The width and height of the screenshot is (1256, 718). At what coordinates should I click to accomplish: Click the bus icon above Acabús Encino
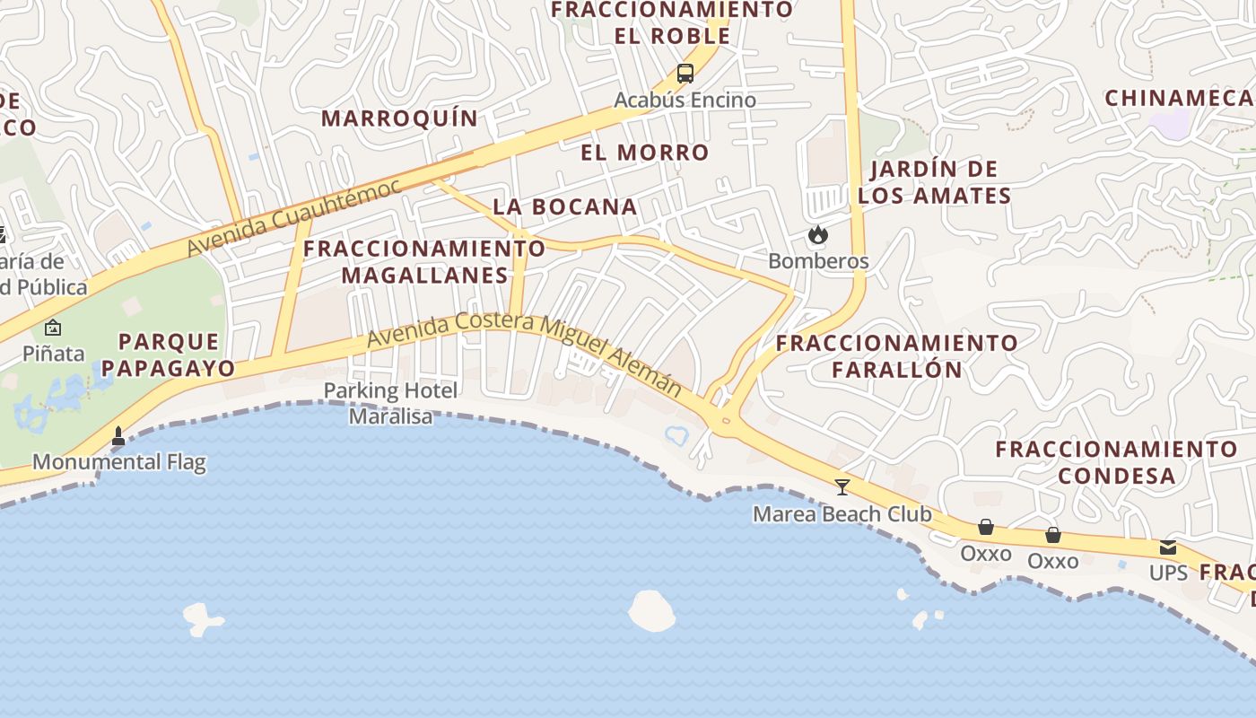[685, 74]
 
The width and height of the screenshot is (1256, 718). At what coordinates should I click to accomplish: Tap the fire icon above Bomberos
[817, 235]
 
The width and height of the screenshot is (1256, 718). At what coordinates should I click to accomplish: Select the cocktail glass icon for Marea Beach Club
[842, 486]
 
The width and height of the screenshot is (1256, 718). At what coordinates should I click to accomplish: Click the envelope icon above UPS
[1167, 547]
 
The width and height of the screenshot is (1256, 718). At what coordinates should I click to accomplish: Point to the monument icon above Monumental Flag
[118, 436]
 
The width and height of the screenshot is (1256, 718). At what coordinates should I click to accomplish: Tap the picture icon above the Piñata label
[53, 327]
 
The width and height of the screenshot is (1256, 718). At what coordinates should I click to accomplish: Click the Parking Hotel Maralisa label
[390, 403]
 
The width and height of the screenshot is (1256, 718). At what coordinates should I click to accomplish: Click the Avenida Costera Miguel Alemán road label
[525, 352]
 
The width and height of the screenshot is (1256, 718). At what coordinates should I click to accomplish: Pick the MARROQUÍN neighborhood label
[400, 118]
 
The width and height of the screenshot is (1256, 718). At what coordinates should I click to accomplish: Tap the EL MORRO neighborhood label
[645, 153]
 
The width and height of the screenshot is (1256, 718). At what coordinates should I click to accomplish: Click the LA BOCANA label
[565, 206]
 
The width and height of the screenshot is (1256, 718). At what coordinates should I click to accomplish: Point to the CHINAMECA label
[1179, 98]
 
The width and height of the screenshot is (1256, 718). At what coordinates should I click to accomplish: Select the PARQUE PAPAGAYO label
[177, 355]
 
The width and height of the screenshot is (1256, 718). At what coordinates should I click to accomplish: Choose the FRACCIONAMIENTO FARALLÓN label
[897, 355]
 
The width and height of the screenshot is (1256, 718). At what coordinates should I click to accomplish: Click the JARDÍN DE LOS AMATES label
[935, 182]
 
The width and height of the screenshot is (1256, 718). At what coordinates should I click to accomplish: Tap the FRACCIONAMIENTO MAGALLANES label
[424, 261]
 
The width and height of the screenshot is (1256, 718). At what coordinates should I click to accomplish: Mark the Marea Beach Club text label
[842, 514]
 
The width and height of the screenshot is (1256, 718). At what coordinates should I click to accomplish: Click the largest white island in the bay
[652, 610]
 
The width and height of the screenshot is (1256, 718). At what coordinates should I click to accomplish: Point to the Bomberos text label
[818, 261]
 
